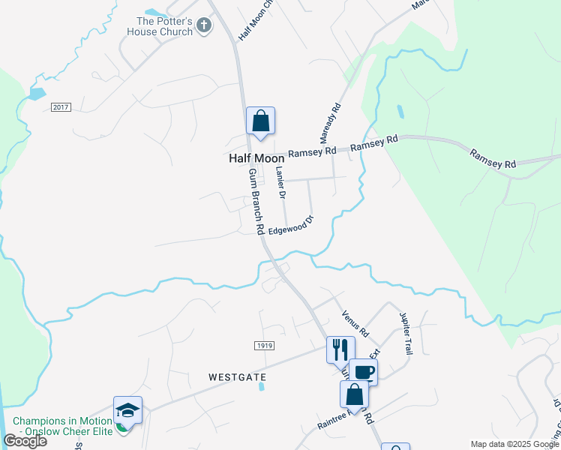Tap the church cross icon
(x=203, y=27)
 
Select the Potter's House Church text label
(x=164, y=26)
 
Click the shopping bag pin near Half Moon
(x=260, y=121)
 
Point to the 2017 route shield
(x=61, y=108)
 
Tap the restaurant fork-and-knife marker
(x=340, y=349)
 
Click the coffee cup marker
(x=363, y=372)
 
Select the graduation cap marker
(x=127, y=409)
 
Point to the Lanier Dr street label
(x=280, y=184)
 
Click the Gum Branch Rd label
(x=257, y=199)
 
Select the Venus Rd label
(x=355, y=323)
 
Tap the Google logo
(x=25, y=441)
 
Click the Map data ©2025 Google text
(x=514, y=444)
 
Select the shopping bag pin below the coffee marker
(x=354, y=394)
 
